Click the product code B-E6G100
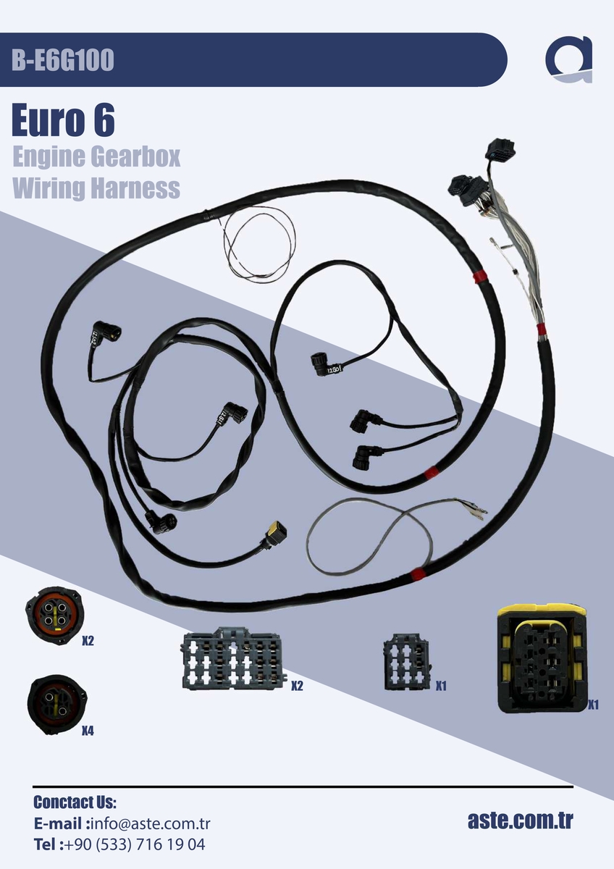pyautogui.click(x=63, y=60)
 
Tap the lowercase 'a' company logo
pyautogui.click(x=569, y=59)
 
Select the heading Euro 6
pyautogui.click(x=63, y=120)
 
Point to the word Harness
pyautogui.click(x=135, y=188)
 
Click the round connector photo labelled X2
pyautogui.click(x=55, y=616)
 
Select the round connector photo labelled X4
pyautogui.click(x=57, y=704)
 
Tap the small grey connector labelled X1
pyautogui.click(x=407, y=662)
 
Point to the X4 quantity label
pyautogui.click(x=88, y=731)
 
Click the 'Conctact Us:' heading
pyautogui.click(x=75, y=802)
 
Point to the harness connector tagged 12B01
pyautogui.click(x=325, y=364)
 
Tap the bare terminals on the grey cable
pyautogui.click(x=474, y=507)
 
